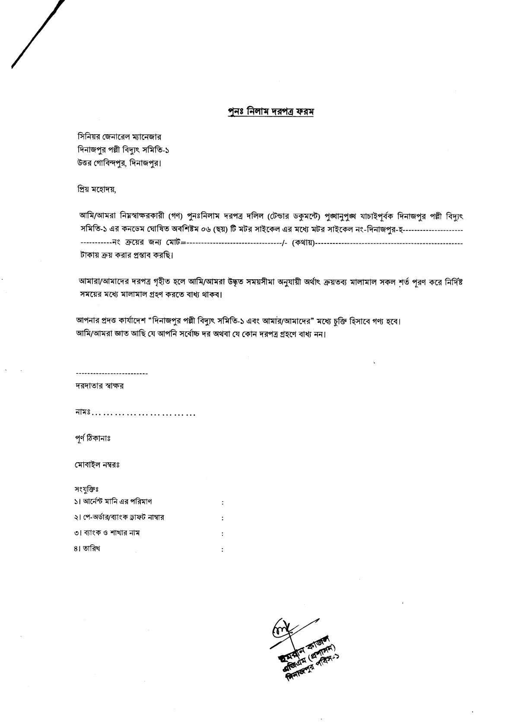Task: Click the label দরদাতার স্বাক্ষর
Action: pyautogui.click(x=99, y=386)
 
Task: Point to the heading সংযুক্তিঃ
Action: pyautogui.click(x=87, y=489)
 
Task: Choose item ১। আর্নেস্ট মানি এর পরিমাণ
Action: pyautogui.click(x=113, y=502)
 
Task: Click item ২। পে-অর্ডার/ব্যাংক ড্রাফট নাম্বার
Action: pyautogui.click(x=119, y=517)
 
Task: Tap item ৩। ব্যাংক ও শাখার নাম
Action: pyautogui.click(x=107, y=533)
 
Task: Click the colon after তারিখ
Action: pyautogui.click(x=222, y=550)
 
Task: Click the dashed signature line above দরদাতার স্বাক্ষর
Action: pyautogui.click(x=111, y=373)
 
